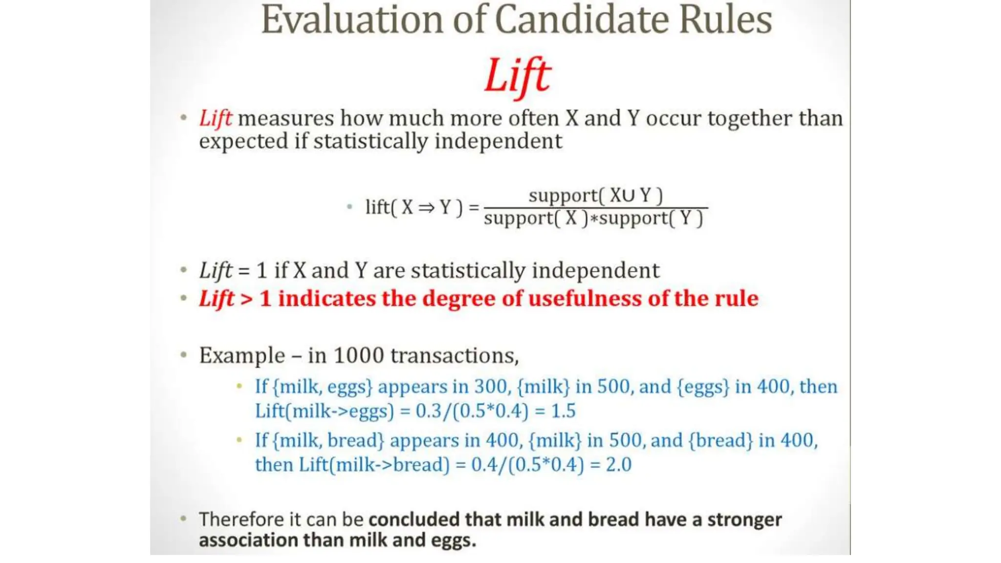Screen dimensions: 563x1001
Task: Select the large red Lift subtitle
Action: (517, 76)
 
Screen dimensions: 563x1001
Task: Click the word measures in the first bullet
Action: (285, 118)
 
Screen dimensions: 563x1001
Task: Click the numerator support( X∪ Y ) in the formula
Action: (595, 195)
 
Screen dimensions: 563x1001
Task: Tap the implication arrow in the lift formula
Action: (426, 208)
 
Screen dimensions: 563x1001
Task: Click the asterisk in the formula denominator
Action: (594, 219)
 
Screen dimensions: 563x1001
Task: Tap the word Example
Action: (242, 356)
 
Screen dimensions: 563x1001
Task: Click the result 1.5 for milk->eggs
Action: (563, 411)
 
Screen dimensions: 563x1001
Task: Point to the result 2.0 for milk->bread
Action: (618, 465)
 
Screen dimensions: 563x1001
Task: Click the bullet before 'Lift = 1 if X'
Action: (184, 270)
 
